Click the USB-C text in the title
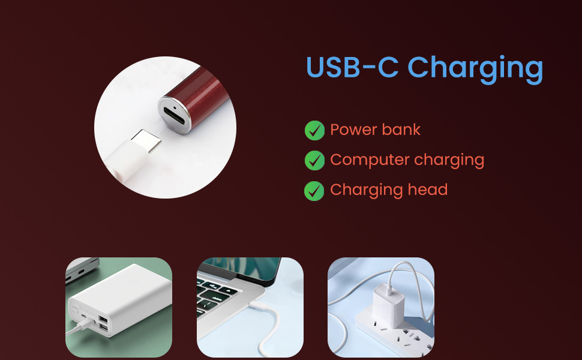click(x=352, y=67)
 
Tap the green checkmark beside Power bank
click(x=314, y=130)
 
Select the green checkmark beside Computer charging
click(x=314, y=160)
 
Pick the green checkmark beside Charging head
click(x=314, y=191)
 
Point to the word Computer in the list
click(x=370, y=160)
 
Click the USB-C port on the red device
click(x=174, y=116)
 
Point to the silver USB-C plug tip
click(x=146, y=140)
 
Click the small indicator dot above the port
click(x=175, y=108)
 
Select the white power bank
click(x=119, y=299)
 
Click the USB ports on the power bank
click(x=103, y=323)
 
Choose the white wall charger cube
click(x=388, y=305)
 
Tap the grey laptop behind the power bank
click(x=82, y=269)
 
